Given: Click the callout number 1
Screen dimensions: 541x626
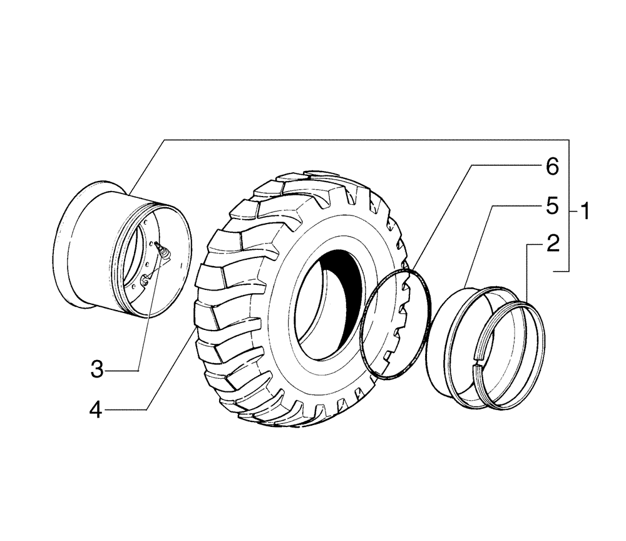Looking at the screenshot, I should (x=584, y=212).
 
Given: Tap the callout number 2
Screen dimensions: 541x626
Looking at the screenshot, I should (x=552, y=244).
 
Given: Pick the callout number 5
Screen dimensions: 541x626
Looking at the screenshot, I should (x=552, y=207).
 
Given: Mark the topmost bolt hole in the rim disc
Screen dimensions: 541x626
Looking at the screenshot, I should (x=145, y=223).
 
